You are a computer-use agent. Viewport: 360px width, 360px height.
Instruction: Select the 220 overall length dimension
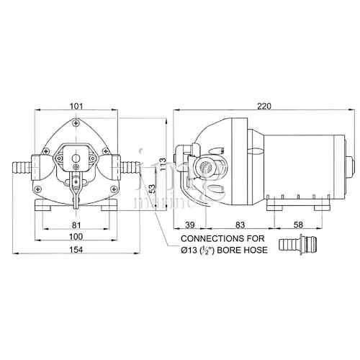pos(264,107)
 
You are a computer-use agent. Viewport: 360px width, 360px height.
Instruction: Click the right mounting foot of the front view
pos(109,204)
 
